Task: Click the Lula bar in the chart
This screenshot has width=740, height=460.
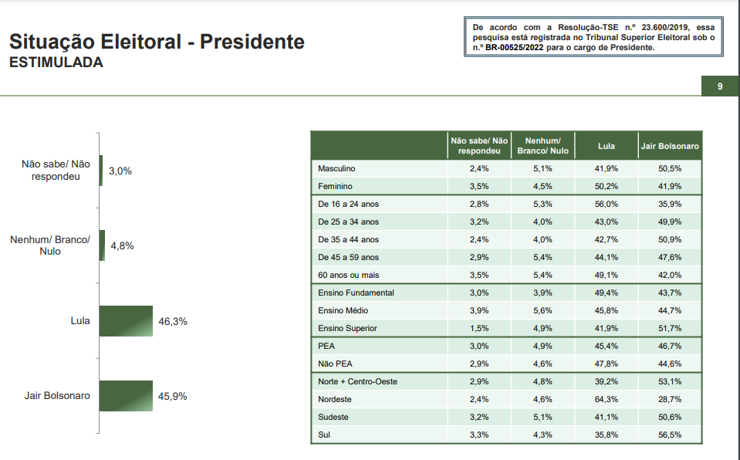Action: point(126,321)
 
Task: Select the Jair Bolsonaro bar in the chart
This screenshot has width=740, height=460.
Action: point(126,396)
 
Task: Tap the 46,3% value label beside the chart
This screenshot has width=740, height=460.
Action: point(173,321)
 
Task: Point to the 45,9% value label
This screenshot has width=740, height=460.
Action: point(173,396)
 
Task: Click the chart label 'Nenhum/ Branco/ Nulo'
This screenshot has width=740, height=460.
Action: point(50,245)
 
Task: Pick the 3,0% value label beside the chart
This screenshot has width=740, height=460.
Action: point(120,171)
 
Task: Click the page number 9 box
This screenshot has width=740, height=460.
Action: point(720,86)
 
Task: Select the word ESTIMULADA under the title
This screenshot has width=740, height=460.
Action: point(56,63)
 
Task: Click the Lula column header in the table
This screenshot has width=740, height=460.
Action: point(607,146)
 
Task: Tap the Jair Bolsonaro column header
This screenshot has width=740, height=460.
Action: point(670,146)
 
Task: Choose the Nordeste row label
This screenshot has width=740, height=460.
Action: point(335,399)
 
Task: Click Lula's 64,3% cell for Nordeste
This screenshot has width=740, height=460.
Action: point(607,399)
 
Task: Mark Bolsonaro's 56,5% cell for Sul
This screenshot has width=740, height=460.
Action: point(670,435)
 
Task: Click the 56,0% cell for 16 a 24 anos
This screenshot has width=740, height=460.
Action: point(607,204)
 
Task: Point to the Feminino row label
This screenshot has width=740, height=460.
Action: point(336,186)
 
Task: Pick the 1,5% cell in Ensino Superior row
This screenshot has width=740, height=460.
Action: point(479,328)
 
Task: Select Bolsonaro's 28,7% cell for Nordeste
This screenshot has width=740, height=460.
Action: point(670,399)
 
